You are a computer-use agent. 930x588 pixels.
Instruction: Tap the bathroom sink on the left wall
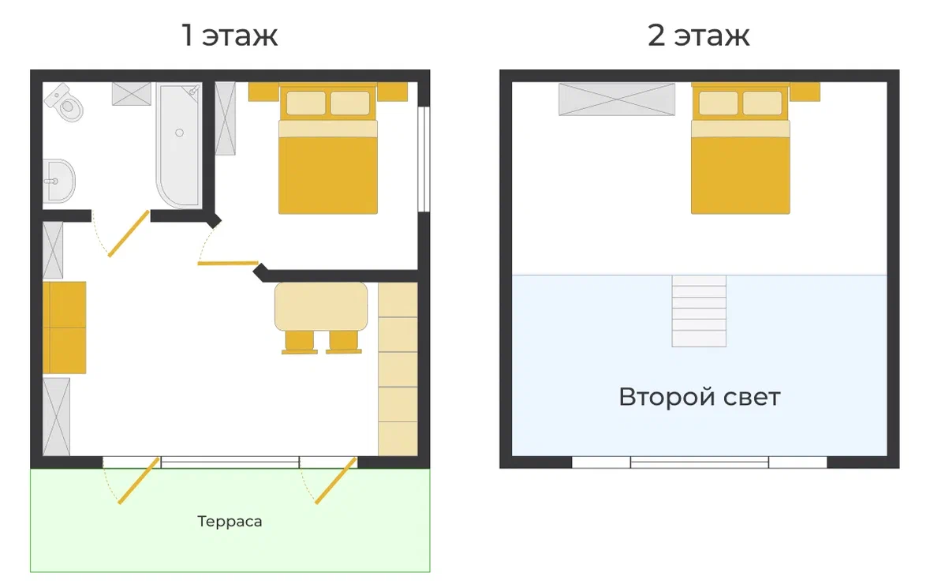(x=58, y=181)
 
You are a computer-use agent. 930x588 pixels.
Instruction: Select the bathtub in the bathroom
(x=179, y=145)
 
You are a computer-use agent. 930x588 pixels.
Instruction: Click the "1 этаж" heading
(x=229, y=35)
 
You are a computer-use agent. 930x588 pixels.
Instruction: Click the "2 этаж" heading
(x=699, y=35)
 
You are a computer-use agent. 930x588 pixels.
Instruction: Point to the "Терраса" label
(x=230, y=522)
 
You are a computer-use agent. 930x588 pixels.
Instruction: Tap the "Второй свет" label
(x=700, y=397)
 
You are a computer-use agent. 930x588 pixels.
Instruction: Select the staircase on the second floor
(x=699, y=311)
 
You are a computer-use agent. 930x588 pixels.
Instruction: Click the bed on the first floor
(x=328, y=148)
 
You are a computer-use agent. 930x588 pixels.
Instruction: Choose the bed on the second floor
(x=740, y=148)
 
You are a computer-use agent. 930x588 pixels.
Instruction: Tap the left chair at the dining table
(x=300, y=343)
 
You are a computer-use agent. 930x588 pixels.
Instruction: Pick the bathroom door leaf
(x=129, y=234)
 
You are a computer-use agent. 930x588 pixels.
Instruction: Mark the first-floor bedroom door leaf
(x=228, y=263)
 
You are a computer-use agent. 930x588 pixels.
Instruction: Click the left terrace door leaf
(x=139, y=481)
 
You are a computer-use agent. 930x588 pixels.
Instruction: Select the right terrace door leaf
(x=336, y=481)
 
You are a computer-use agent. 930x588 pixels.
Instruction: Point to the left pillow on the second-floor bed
(x=719, y=103)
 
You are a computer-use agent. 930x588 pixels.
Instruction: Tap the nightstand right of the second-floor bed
(x=805, y=92)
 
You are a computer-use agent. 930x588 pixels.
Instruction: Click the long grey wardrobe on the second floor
(x=617, y=99)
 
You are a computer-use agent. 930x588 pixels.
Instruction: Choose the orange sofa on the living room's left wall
(x=65, y=328)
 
